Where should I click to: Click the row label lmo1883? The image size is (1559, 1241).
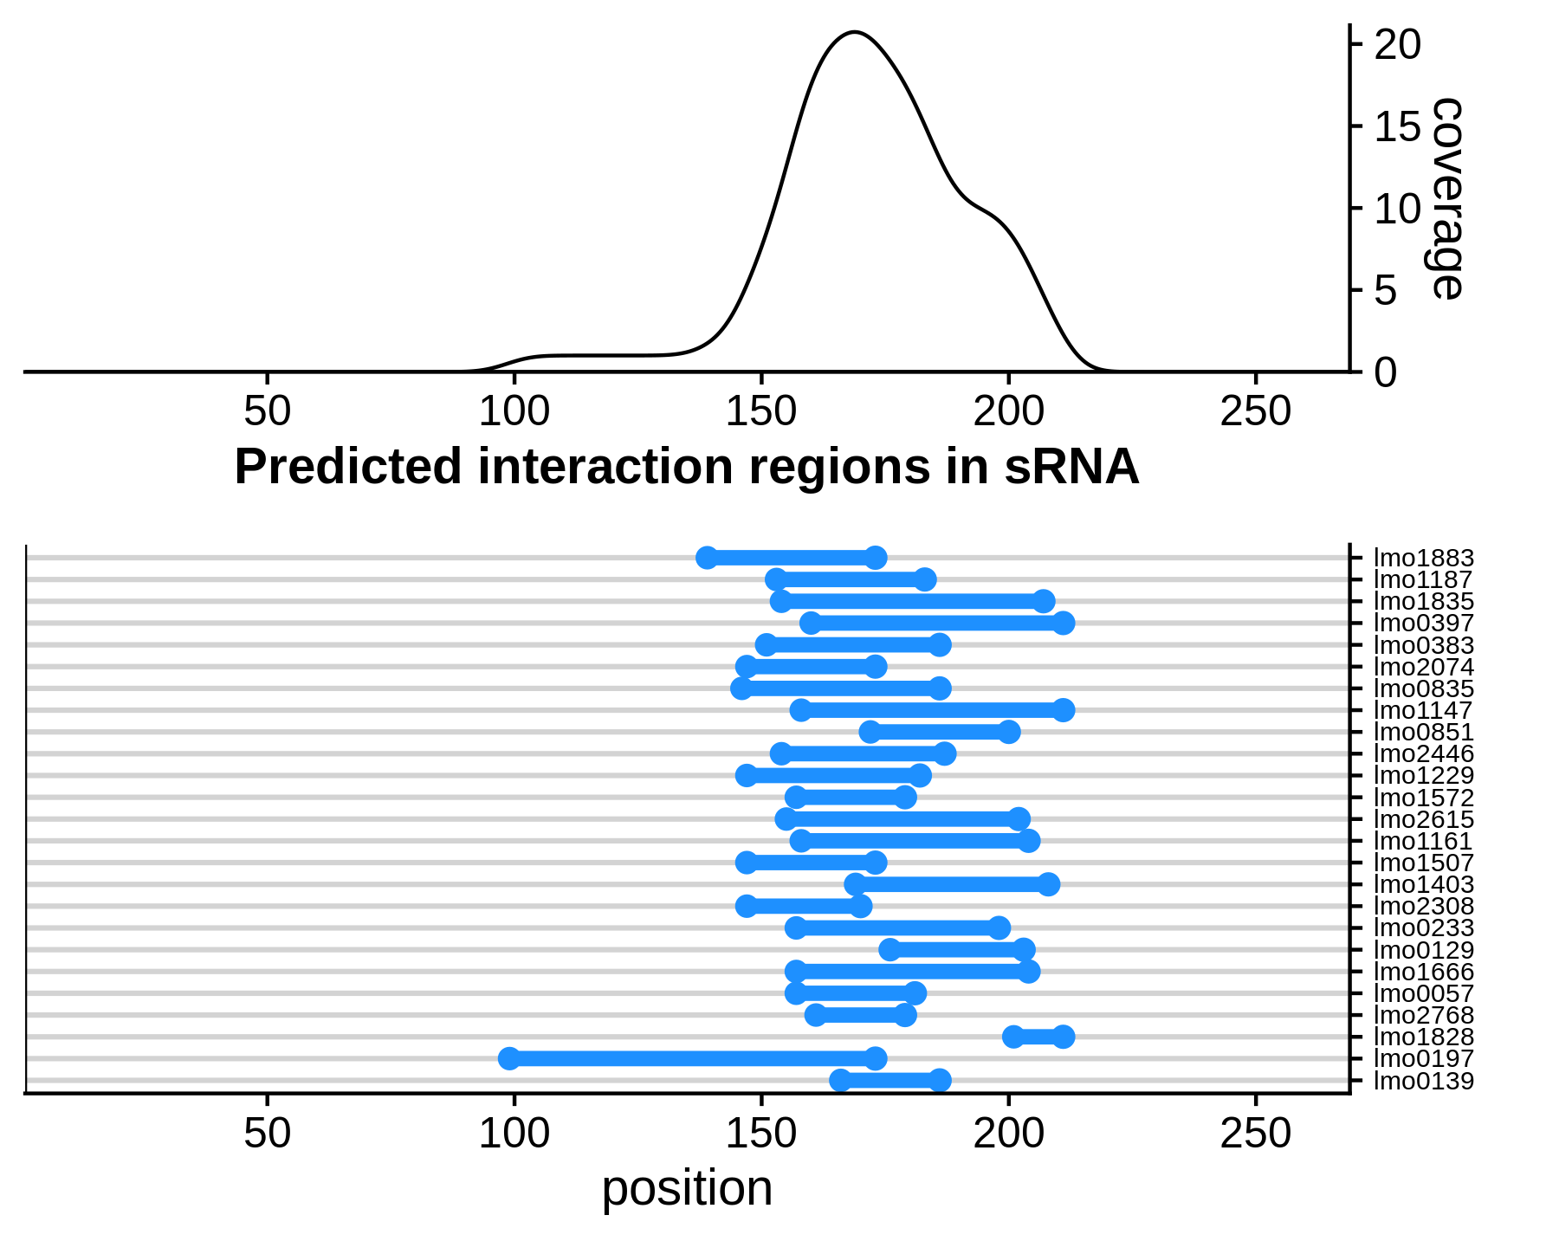[1424, 559]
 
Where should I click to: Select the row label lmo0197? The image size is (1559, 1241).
[1424, 1058]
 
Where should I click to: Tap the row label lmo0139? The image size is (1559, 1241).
[1424, 1081]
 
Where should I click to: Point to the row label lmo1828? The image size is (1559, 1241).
[1424, 1037]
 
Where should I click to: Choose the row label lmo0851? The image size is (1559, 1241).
[1424, 733]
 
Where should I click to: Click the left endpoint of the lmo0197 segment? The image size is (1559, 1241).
[509, 1058]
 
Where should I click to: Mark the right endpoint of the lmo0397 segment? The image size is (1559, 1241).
[1064, 624]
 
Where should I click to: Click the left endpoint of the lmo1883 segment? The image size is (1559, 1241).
[707, 558]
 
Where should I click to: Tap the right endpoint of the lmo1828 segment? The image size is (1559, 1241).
[1064, 1037]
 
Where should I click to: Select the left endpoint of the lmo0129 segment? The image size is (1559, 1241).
[889, 950]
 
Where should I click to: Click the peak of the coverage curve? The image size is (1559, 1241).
[855, 32]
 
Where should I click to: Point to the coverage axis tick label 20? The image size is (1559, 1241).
[1398, 45]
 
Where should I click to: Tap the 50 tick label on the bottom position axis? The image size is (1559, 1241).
[267, 1134]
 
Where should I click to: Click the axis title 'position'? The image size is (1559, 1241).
[687, 1188]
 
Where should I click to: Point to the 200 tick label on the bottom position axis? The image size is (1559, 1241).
[1008, 1134]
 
